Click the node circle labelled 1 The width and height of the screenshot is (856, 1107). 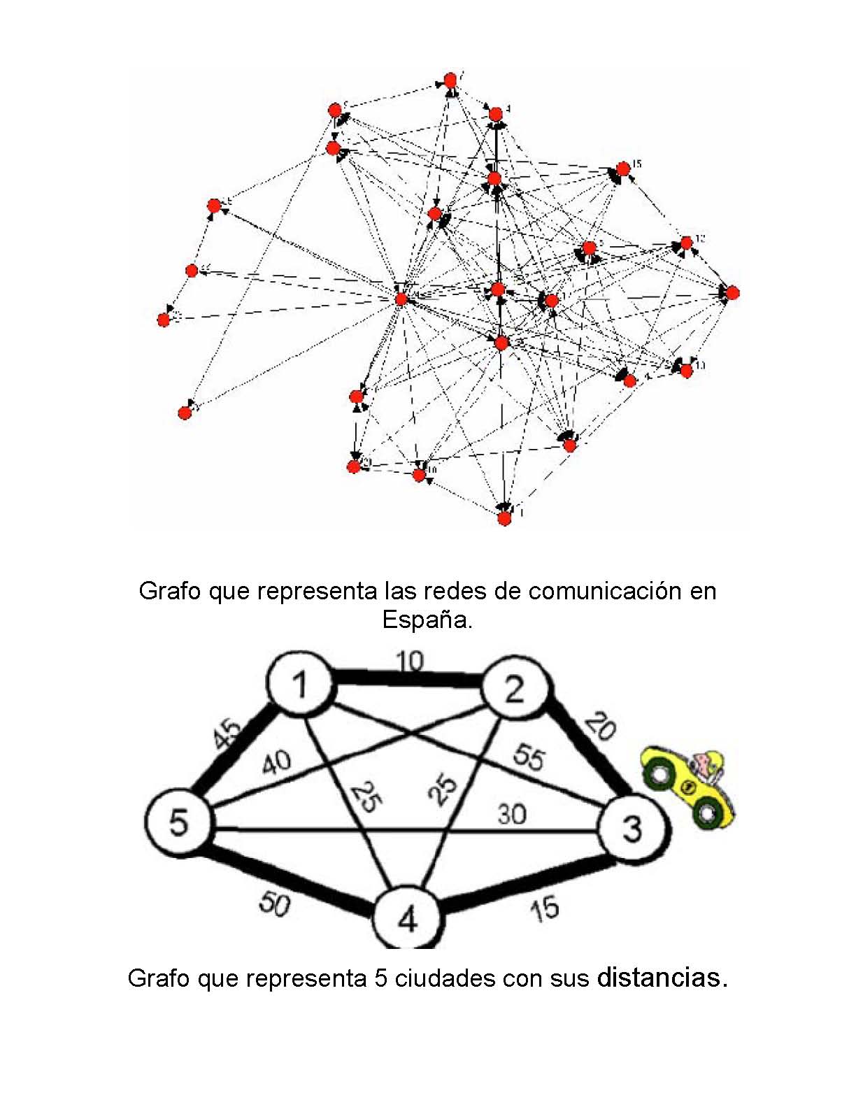[301, 684]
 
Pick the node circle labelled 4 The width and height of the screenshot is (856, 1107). [407, 918]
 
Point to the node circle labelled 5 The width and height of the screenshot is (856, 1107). [179, 822]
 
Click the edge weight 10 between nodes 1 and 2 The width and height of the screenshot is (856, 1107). [409, 661]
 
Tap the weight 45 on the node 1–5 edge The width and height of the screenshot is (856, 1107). [228, 734]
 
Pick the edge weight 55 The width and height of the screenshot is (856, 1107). [528, 757]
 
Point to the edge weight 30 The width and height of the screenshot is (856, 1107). [513, 813]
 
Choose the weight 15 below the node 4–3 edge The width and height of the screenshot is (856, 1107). [544, 908]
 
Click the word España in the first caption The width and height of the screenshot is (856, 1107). [427, 620]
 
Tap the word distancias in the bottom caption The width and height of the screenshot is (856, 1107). [658, 977]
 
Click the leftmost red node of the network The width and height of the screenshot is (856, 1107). [164, 320]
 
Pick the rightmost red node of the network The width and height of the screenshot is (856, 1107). [732, 292]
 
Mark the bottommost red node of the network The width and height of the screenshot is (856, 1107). [504, 517]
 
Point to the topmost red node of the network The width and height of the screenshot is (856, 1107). [450, 80]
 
